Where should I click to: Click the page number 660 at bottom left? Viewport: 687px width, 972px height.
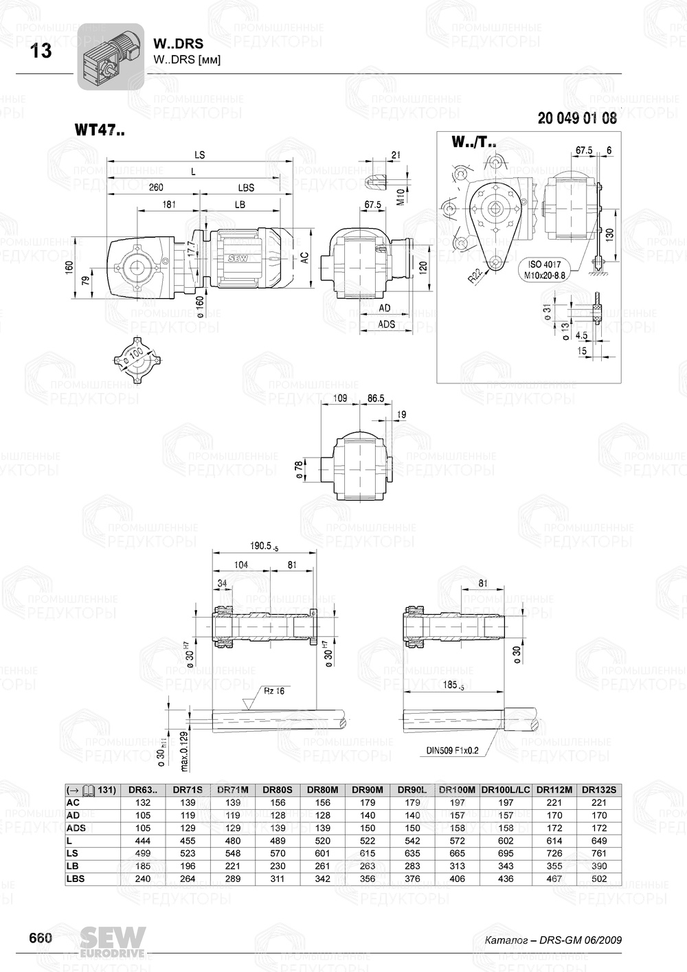tap(40, 938)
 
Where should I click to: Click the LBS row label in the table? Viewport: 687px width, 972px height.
tap(76, 879)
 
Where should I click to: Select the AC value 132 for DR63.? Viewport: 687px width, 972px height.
tap(142, 803)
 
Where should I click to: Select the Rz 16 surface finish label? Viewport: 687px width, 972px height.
tap(274, 692)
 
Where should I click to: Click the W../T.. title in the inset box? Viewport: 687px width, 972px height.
tap(474, 143)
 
